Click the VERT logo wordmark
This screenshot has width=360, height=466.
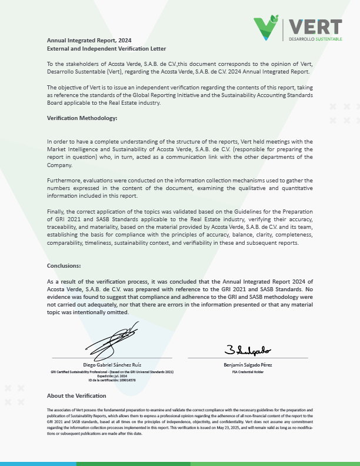pos(316,26)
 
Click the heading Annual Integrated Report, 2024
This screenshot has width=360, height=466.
pos(89,40)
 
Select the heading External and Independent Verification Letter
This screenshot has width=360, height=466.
pos(106,48)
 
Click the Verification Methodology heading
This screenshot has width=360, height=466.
pos(82,118)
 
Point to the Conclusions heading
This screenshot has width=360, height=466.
pos(64,265)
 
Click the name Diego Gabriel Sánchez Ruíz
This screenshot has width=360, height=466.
pos(112,365)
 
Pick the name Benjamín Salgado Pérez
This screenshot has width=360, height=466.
pos(248,365)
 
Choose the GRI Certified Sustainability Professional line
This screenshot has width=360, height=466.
pos(112,372)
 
